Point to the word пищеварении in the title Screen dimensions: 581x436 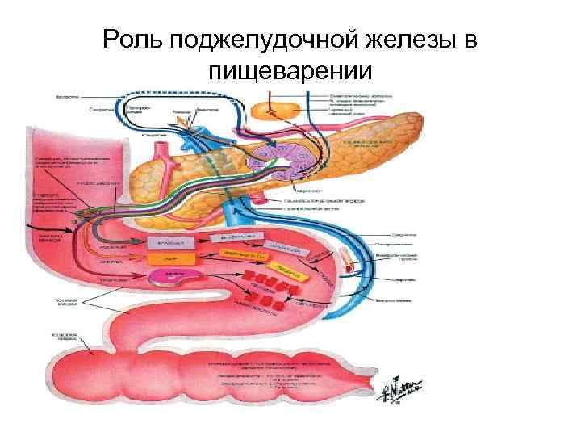[290, 72]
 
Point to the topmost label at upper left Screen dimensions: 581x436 [65, 95]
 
